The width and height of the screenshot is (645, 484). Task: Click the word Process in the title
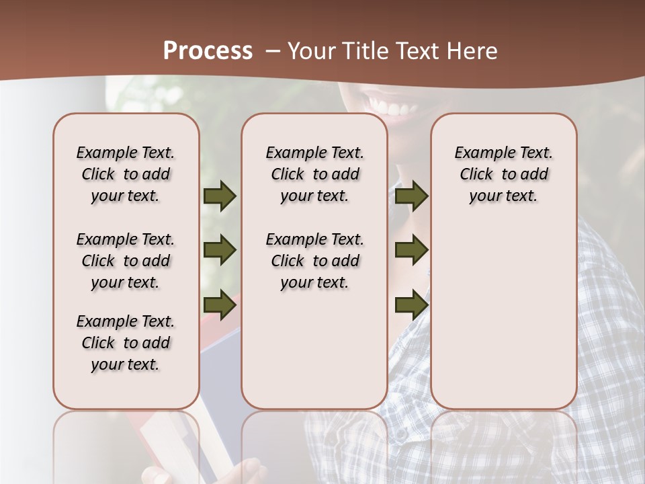coord(208,51)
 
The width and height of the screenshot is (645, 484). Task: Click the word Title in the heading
coord(363,51)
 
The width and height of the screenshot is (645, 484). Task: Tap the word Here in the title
coord(470,51)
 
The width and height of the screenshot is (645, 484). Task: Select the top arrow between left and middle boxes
coord(220,196)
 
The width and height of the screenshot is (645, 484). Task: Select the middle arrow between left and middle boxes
coord(220,250)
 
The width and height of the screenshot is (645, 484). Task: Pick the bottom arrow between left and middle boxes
coord(220,305)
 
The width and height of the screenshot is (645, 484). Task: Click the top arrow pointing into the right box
coord(411,196)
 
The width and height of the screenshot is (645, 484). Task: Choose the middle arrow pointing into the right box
coord(411,250)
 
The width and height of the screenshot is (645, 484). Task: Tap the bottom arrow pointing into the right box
coord(411,305)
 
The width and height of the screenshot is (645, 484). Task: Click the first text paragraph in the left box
coord(126,174)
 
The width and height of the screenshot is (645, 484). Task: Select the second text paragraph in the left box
coord(126,261)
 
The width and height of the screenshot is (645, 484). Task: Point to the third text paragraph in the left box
coord(126,343)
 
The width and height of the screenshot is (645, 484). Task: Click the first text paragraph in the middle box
coord(314,174)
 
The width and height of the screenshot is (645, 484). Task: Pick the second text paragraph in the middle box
coord(314,261)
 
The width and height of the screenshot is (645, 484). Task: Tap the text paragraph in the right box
coord(503,174)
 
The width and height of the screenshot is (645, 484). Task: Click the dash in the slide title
coord(273,52)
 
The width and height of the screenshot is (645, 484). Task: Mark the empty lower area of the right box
coord(503,316)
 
